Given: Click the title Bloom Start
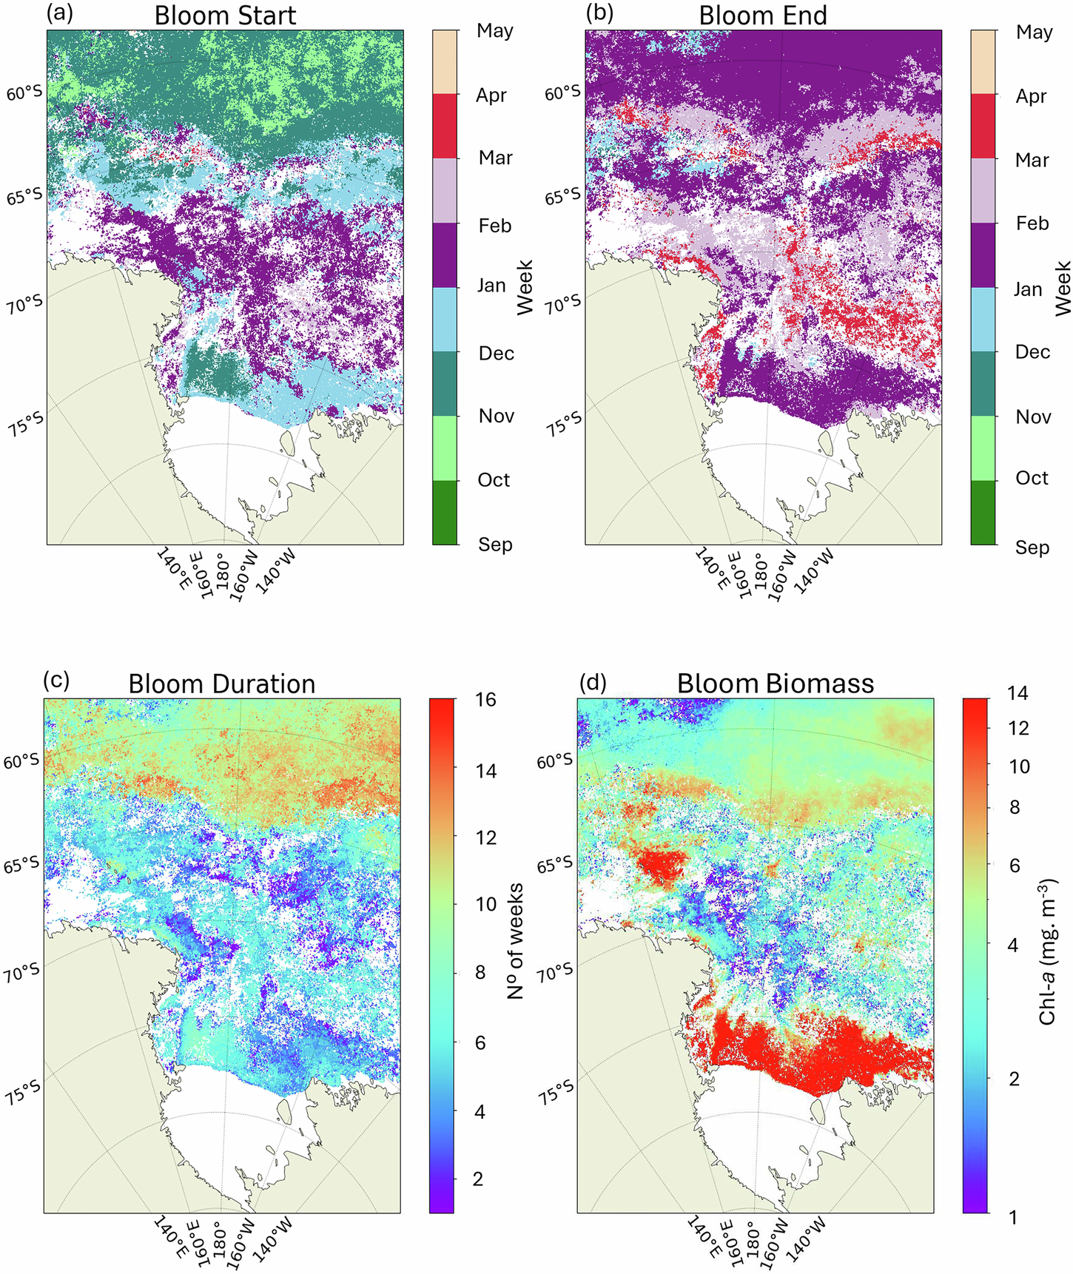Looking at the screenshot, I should pos(225,16).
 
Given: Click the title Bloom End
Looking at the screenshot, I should pos(763,16).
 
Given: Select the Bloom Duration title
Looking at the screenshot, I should pos(221,684).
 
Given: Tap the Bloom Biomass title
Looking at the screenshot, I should pos(775,684).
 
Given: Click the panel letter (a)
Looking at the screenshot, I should pos(59,14).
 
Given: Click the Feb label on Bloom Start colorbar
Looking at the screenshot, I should pos(494,226).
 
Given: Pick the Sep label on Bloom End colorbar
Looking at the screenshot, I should pos(1032,547).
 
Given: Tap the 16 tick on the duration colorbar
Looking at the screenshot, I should pos(485,700).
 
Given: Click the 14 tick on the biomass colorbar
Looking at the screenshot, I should pos(1017,693).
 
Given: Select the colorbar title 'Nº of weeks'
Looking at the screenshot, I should pos(516,941).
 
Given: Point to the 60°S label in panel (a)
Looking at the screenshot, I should pos(25,94).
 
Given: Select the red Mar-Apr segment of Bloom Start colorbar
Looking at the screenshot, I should pos(445,126).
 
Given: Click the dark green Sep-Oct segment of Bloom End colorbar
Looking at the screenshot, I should pos(983,512).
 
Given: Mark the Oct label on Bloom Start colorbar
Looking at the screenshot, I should pos(494,480).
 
